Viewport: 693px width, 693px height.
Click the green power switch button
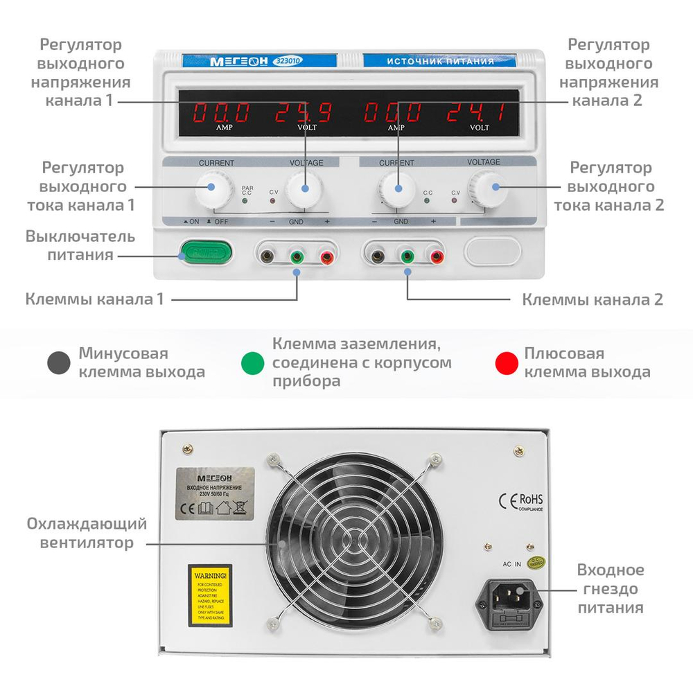click(204, 252)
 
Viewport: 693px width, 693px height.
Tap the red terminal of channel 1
click(326, 257)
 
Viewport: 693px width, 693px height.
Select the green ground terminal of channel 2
click(407, 257)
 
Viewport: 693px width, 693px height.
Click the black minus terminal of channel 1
click(267, 257)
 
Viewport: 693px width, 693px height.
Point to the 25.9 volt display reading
click(305, 112)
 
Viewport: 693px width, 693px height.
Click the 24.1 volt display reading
click(476, 112)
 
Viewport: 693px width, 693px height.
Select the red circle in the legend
click(507, 363)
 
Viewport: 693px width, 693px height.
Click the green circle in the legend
click(252, 363)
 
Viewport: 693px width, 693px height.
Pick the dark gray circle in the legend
click(58, 363)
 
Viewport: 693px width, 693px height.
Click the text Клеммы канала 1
click(95, 299)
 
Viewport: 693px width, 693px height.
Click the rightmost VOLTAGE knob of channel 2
click(485, 188)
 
